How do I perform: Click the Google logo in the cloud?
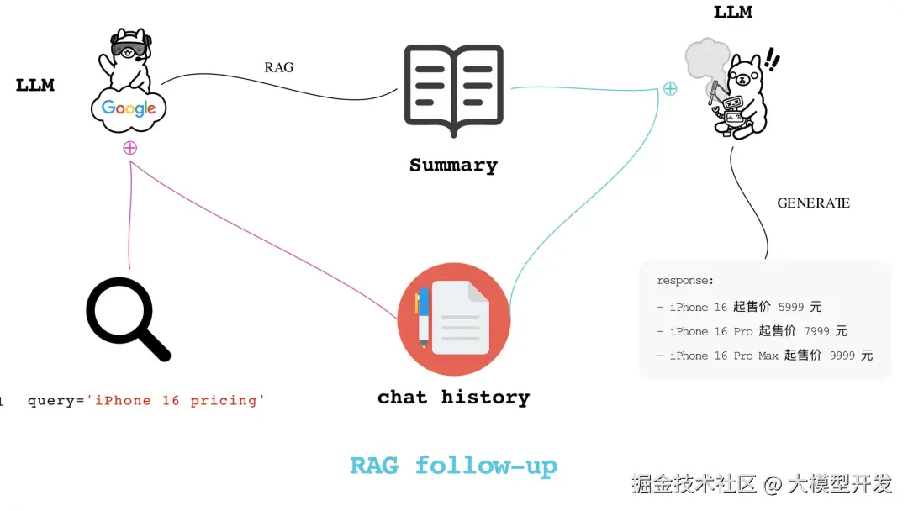(129, 108)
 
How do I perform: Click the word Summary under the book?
(453, 166)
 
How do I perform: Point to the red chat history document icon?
(453, 319)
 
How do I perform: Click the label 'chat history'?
(453, 397)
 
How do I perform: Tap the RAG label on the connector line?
(278, 67)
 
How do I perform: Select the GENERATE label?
(812, 203)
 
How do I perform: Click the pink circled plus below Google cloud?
(129, 148)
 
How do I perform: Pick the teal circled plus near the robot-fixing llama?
(669, 88)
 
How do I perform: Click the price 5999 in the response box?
(791, 307)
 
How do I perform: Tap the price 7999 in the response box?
(816, 331)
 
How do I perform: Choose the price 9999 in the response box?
(842, 356)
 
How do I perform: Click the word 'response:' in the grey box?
(685, 281)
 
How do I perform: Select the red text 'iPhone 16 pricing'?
(180, 400)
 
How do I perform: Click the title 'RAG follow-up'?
(453, 466)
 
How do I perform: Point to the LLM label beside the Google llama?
(35, 85)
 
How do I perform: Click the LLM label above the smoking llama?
(732, 13)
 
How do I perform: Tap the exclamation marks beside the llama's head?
(772, 60)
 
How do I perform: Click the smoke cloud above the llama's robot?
(706, 59)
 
